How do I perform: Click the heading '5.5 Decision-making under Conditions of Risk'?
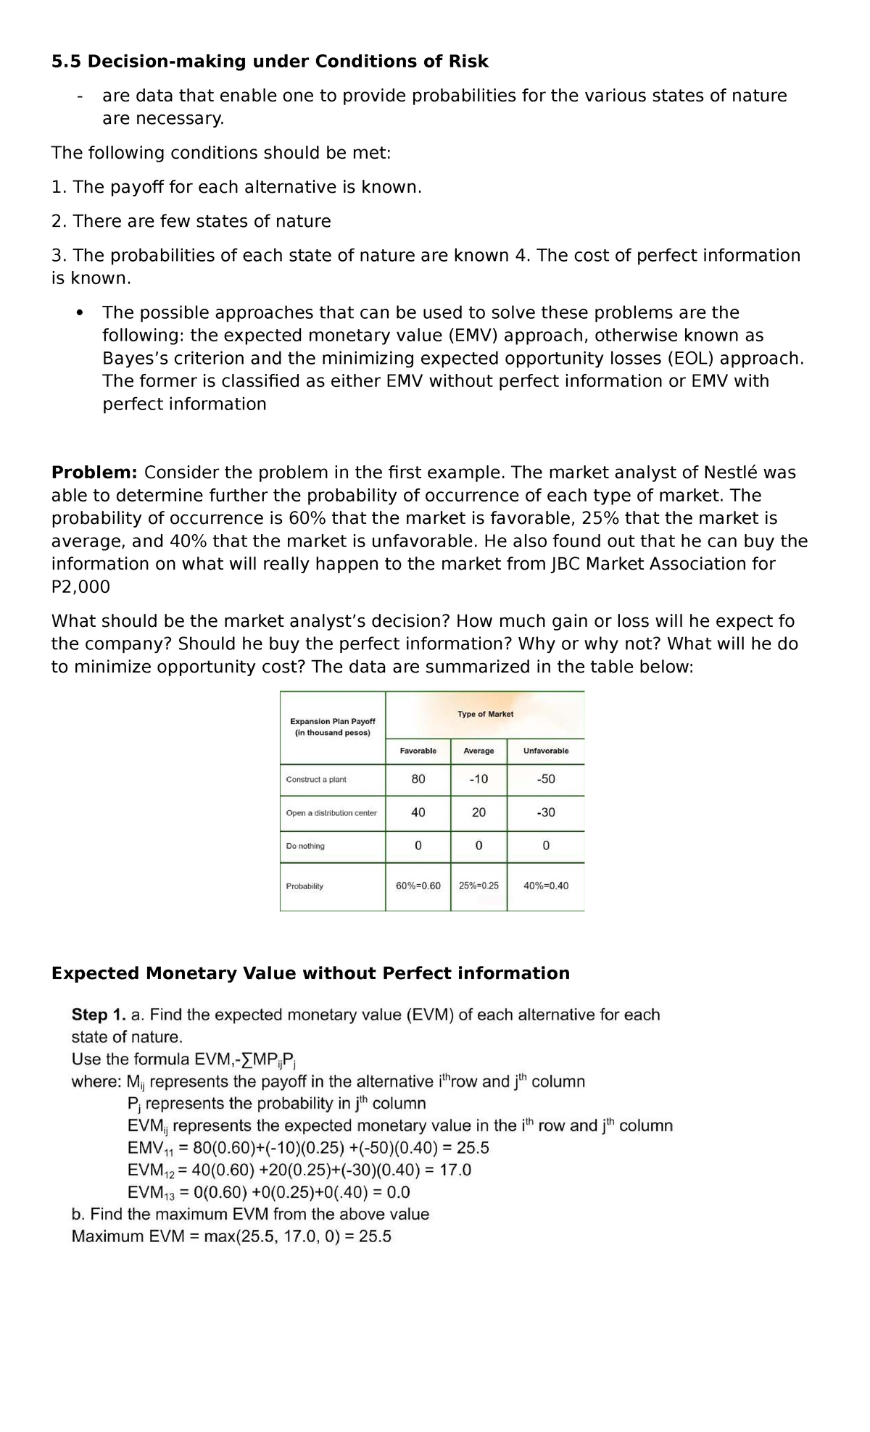tap(270, 62)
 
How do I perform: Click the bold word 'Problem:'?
tap(94, 473)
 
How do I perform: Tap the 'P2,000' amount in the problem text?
tap(80, 587)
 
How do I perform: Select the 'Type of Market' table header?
tap(485, 714)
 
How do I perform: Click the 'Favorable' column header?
tap(418, 751)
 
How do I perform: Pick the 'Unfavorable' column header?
tap(546, 751)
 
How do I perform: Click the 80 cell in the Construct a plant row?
tap(418, 779)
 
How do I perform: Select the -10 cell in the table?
tap(478, 779)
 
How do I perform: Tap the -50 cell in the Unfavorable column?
tap(546, 779)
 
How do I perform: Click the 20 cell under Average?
tap(478, 812)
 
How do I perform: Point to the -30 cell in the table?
tap(546, 812)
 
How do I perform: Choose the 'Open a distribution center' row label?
tap(331, 813)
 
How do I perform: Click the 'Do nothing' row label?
tap(305, 846)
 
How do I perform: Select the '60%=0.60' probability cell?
tap(418, 886)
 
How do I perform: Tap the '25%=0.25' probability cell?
tap(478, 886)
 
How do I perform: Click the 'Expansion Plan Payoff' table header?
tap(333, 721)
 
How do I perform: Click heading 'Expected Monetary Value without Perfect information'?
tap(310, 973)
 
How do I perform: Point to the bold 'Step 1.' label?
tap(98, 1015)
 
